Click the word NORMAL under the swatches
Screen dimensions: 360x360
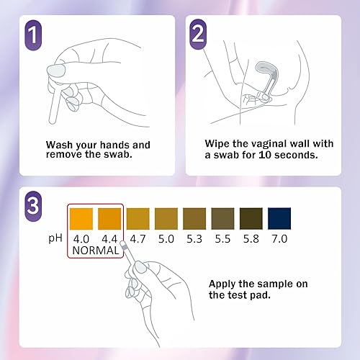tap(95, 252)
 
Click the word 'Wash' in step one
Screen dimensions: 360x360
tap(60, 144)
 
